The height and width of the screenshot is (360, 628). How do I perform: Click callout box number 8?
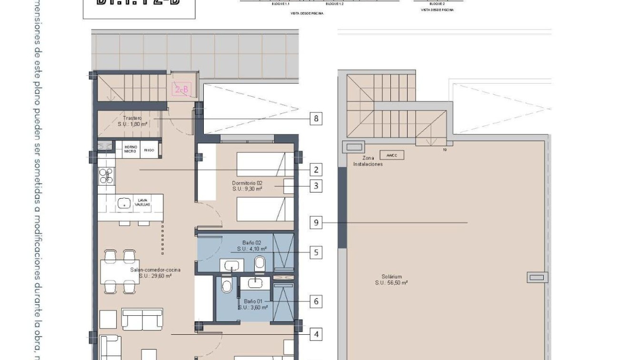click(x=316, y=118)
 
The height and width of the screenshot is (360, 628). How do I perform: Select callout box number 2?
click(x=316, y=170)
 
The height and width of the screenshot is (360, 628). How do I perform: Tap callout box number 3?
click(x=316, y=186)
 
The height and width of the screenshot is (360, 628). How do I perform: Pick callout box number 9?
click(x=316, y=222)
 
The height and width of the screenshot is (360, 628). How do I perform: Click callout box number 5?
click(x=316, y=252)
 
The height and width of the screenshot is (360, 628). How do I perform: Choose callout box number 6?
click(x=316, y=301)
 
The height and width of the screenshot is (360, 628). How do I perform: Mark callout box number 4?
click(x=316, y=334)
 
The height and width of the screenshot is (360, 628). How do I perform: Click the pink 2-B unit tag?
click(x=181, y=89)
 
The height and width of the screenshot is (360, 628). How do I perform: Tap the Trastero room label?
click(x=132, y=120)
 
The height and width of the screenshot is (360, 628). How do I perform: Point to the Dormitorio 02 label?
click(x=247, y=186)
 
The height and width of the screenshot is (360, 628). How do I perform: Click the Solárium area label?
click(x=391, y=280)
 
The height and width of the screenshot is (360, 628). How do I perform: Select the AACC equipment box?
click(x=392, y=155)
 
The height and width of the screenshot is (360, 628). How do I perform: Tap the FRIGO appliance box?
click(x=149, y=150)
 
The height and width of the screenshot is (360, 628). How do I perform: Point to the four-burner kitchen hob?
click(x=106, y=176)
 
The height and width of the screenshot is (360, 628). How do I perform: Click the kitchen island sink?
click(x=124, y=204)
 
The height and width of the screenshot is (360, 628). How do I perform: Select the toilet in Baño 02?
click(x=260, y=263)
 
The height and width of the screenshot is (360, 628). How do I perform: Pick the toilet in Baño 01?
click(x=227, y=287)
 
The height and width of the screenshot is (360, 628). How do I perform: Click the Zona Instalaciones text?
click(x=368, y=161)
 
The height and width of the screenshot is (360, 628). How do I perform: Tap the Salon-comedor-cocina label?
click(x=155, y=272)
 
